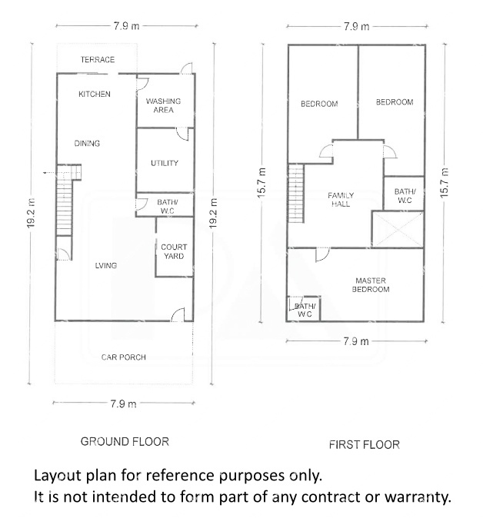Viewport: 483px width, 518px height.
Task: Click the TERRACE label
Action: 98,60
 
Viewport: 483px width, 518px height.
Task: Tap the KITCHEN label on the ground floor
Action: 95,95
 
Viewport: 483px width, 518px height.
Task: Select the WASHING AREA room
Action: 165,101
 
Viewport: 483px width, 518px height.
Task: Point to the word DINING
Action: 87,144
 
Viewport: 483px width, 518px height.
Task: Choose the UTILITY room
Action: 165,160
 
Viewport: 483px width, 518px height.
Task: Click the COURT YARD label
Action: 174,251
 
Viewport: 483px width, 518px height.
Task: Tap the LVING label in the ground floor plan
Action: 106,265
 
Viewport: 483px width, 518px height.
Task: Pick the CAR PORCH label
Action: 123,357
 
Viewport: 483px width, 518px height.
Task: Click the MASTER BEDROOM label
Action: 371,285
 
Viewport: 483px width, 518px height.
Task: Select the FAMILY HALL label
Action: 341,200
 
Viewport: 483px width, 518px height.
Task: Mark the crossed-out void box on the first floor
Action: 398,229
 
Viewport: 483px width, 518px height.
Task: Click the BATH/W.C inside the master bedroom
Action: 305,310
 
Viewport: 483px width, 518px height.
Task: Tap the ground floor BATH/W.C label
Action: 168,206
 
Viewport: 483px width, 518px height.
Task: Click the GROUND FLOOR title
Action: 125,442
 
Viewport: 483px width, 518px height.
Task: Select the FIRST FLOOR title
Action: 365,445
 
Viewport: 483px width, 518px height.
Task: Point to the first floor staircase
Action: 296,193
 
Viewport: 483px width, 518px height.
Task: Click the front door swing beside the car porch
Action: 178,314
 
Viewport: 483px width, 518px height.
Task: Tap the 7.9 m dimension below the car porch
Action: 123,403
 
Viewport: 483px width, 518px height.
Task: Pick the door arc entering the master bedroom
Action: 323,254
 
